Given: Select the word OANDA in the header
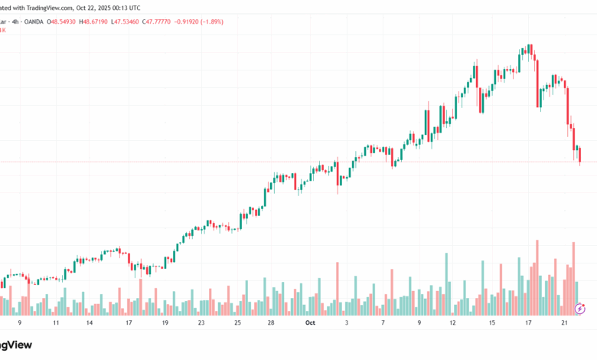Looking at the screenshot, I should coord(30,21).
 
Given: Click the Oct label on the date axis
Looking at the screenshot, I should coord(310,323).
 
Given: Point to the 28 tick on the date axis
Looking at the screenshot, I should coord(271,323).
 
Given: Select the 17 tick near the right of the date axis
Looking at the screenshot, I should coord(527,323).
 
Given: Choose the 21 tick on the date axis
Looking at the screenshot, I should coord(563,323).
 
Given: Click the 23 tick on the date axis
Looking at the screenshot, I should coord(201,323).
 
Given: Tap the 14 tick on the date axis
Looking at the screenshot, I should coord(90,323).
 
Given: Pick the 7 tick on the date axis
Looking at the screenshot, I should coord(382,323).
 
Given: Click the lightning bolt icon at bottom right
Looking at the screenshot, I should coord(579,308).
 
